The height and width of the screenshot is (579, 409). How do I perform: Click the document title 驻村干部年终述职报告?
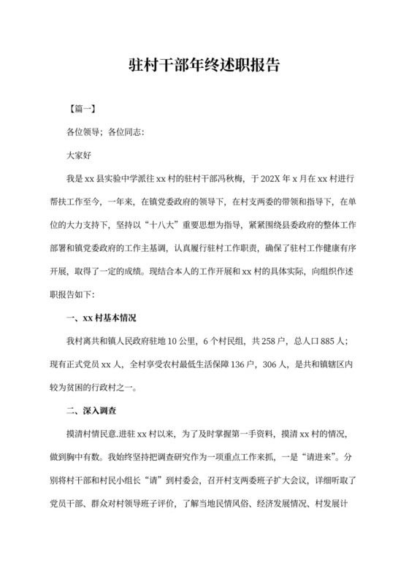[x=204, y=66]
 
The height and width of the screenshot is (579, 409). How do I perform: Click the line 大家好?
[x=80, y=155]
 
